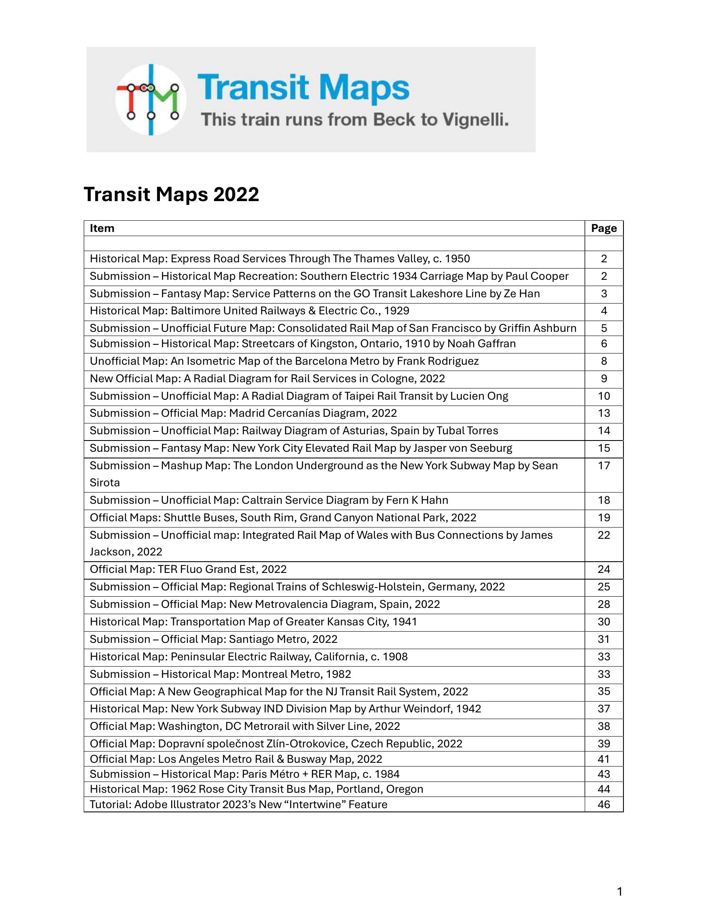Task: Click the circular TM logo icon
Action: click(151, 100)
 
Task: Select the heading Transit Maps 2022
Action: click(171, 194)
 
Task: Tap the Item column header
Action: click(102, 228)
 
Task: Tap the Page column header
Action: click(603, 228)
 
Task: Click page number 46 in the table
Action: click(603, 804)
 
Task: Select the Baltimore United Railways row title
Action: click(249, 311)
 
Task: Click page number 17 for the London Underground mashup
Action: click(603, 465)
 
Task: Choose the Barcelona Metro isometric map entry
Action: click(284, 361)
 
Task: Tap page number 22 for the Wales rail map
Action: click(603, 535)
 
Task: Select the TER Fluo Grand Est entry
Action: click(188, 570)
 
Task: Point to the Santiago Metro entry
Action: click(214, 639)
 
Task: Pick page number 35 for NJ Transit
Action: click(603, 692)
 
